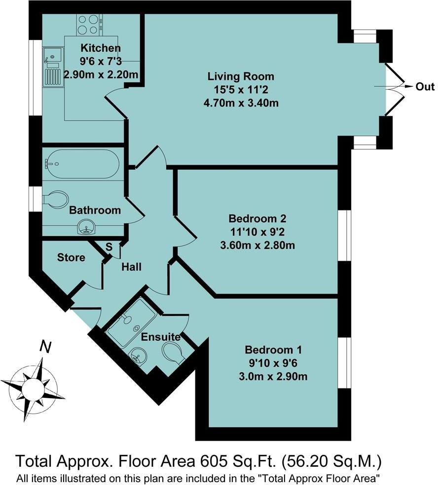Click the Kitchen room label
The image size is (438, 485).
pyautogui.click(x=101, y=48)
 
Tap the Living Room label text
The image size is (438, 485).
pyautogui.click(x=240, y=77)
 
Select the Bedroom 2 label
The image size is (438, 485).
pyautogui.click(x=257, y=218)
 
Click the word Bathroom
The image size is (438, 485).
pyautogui.click(x=95, y=210)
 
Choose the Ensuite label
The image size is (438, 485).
pyautogui.click(x=160, y=338)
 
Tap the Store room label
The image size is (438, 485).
pyautogui.click(x=71, y=258)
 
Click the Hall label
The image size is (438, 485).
pyautogui.click(x=132, y=267)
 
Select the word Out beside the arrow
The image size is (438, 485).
pyautogui.click(x=425, y=87)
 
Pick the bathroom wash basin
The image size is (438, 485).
pyautogui.click(x=87, y=228)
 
